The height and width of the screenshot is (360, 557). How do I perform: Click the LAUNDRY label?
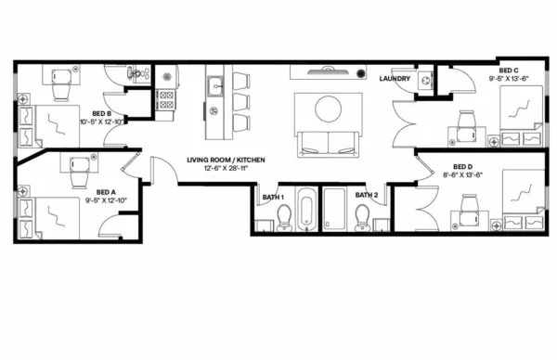click(x=395, y=79)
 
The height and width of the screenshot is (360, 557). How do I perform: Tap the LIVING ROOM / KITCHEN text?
click(x=226, y=160)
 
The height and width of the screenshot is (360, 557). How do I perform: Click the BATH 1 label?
click(x=273, y=196)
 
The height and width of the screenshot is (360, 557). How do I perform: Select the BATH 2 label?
click(x=366, y=196)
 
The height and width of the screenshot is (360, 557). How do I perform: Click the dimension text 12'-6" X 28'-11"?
click(x=226, y=169)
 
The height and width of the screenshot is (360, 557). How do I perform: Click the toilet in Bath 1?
click(x=285, y=217)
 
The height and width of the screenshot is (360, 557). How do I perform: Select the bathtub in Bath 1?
click(x=307, y=210)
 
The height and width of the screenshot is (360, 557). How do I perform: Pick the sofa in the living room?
click(x=326, y=144)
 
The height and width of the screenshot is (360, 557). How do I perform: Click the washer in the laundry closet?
click(x=427, y=81)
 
